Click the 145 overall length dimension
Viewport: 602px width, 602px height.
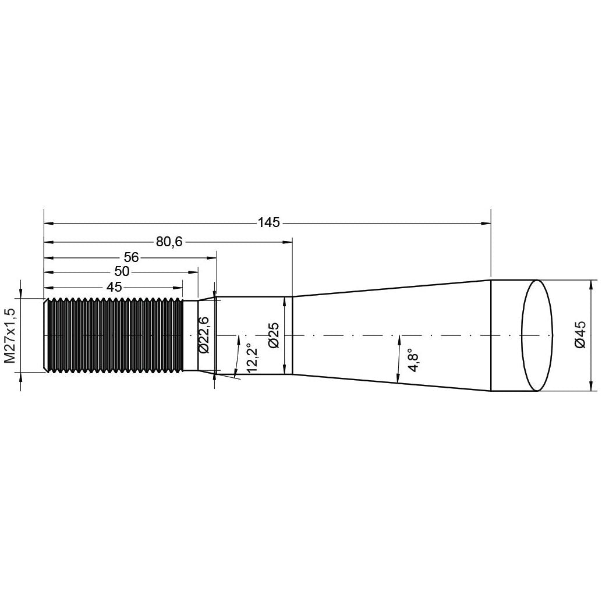268,222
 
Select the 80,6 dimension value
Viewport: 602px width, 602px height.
169,242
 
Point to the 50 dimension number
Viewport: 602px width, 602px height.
122,272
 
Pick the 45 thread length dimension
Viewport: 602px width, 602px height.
114,287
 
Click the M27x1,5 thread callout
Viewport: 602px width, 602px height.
10,335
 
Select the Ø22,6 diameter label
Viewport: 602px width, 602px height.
203,335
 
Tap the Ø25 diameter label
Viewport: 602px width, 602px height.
274,335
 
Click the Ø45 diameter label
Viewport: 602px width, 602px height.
580,335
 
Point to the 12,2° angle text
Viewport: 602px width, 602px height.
252,359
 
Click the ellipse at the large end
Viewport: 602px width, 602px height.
536,335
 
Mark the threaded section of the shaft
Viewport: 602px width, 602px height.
114,335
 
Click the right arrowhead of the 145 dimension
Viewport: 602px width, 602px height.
486,222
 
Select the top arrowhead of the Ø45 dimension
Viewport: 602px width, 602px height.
592,284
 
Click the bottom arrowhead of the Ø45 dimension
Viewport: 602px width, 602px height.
592,387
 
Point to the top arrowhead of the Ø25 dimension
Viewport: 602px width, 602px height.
284,301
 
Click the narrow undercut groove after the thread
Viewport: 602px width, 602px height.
190,335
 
